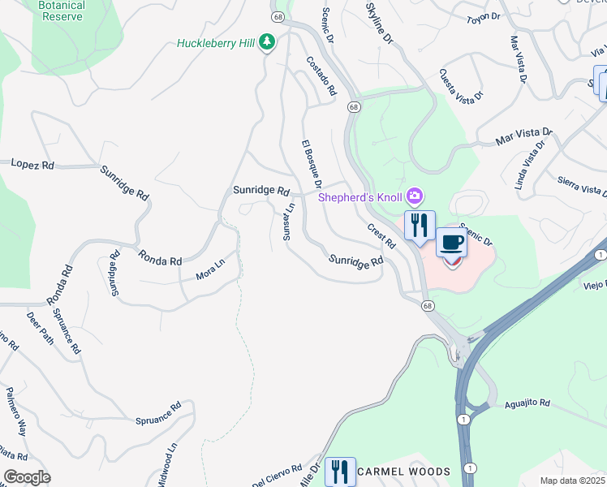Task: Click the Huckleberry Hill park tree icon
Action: [x=266, y=44]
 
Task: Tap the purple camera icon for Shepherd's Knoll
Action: [x=415, y=196]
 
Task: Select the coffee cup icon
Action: [x=453, y=243]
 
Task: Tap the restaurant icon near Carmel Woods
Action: [x=340, y=471]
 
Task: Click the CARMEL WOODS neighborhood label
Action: [x=403, y=472]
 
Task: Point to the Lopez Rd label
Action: [x=32, y=164]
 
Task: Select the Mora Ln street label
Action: [x=209, y=270]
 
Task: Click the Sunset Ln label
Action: [x=287, y=222]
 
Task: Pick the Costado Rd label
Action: [x=321, y=76]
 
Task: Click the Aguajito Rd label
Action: [x=527, y=403]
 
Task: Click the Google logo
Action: [x=27, y=477]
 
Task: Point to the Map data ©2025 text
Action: [x=572, y=481]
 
